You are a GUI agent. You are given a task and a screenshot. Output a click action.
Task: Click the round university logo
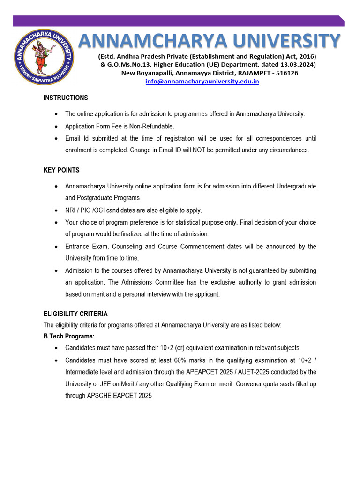click(x=43, y=57)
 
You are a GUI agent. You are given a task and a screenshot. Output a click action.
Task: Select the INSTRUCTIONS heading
click(x=66, y=98)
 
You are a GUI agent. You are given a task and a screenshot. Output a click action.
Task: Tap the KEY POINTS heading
click(x=61, y=170)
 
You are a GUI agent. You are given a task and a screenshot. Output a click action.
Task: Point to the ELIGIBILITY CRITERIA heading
click(x=75, y=314)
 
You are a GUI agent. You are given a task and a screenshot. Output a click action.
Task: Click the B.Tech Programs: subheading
click(x=69, y=337)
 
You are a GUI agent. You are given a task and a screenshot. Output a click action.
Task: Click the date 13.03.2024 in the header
click(x=298, y=64)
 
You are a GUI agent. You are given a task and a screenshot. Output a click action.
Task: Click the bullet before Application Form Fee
click(x=56, y=127)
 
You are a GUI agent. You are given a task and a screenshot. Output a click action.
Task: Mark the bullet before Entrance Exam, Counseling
click(x=56, y=247)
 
